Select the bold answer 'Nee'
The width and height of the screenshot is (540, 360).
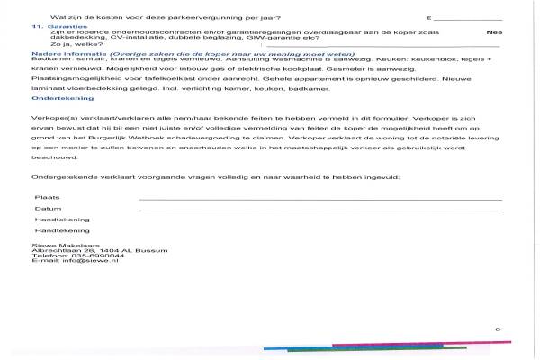point(492,32)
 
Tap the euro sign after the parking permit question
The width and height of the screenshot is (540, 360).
point(429,17)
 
